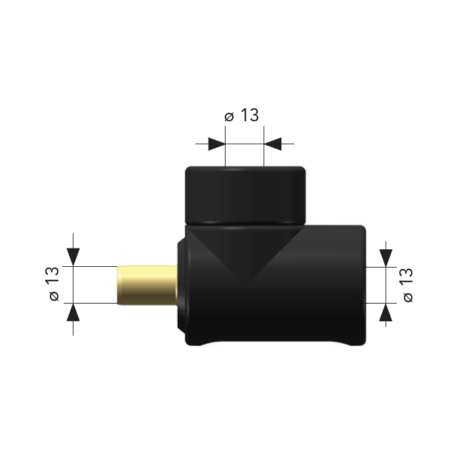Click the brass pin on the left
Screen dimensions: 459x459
pos(148,285)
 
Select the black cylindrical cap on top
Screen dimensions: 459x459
pos(246,195)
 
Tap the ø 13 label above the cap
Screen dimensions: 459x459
pos(242,115)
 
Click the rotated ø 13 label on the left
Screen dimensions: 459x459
pos(54,283)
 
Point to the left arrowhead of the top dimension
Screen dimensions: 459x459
pos(216,144)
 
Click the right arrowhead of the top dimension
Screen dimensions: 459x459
pos(273,144)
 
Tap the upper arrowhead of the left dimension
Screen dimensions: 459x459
pos(73,257)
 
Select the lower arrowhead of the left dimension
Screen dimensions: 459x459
pos(73,312)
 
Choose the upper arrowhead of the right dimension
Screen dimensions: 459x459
pos(386,258)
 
